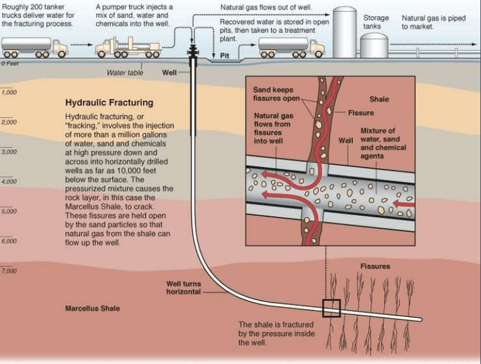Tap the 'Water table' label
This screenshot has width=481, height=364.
point(125,73)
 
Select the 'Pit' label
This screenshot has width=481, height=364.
point(225,55)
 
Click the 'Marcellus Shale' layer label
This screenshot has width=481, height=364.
point(92,309)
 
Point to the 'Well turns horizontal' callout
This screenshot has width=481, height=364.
point(183,288)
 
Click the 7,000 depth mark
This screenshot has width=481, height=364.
point(9,271)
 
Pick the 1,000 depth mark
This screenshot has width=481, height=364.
point(9,92)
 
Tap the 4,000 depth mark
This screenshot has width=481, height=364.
point(9,181)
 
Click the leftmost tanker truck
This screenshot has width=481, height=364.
point(34,46)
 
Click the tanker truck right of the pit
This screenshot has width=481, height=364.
point(291,46)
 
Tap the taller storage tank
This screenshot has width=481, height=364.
point(344,31)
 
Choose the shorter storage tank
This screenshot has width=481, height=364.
point(374,45)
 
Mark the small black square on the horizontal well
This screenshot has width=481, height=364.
point(331,308)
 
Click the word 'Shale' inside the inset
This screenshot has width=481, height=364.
point(379,99)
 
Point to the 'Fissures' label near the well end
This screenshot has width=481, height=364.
point(375,266)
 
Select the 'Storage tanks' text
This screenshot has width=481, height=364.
point(376,23)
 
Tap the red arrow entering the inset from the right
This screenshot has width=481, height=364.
point(405,204)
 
